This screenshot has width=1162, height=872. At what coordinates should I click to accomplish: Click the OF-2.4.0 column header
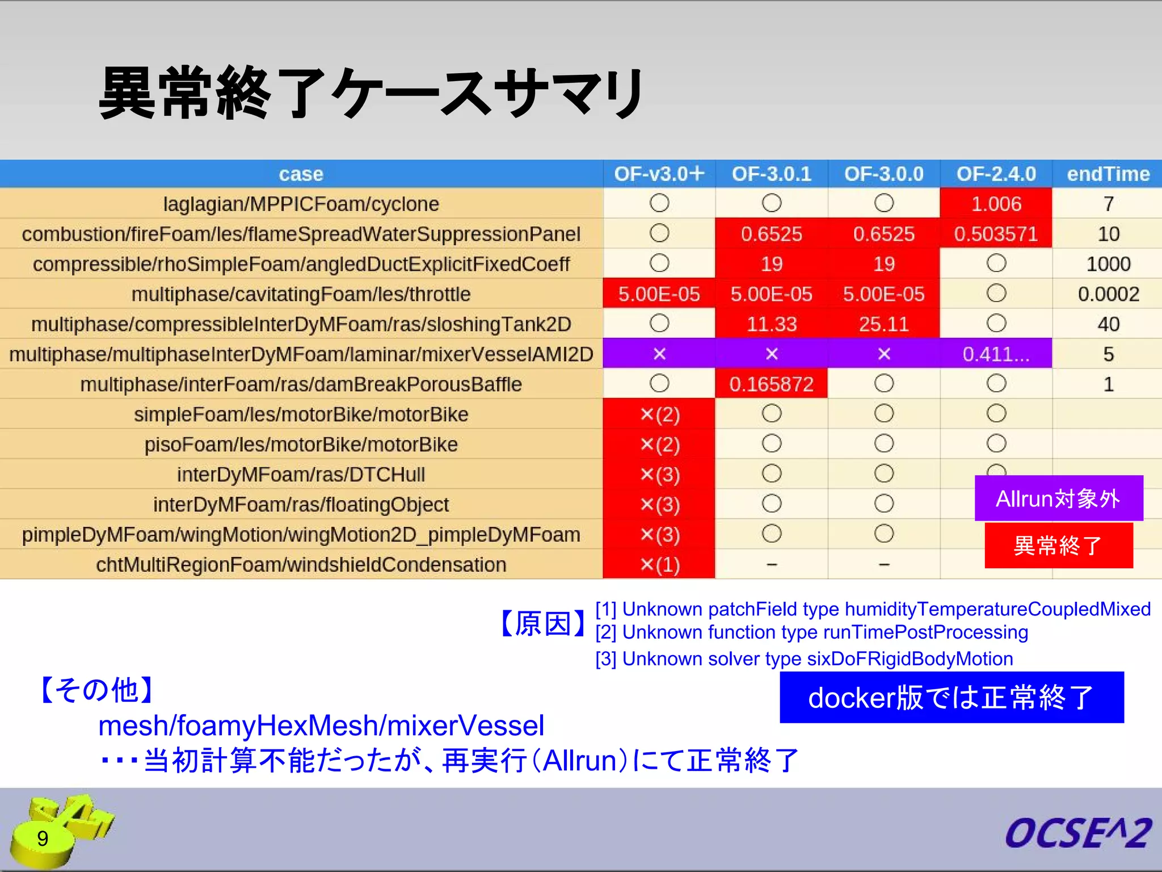(996, 174)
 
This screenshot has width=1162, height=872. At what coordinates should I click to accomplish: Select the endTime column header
(1108, 174)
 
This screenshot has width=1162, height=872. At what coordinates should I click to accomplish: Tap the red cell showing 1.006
(996, 204)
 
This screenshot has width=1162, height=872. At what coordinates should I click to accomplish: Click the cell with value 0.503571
(996, 234)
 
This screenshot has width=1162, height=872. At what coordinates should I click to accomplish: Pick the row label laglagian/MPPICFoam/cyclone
(301, 204)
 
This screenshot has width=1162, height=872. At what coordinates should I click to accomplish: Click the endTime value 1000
(1108, 264)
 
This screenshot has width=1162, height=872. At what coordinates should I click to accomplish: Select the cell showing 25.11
(883, 324)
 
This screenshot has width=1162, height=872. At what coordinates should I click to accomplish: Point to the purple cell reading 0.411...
(996, 354)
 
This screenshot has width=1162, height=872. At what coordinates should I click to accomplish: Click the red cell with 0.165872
(771, 384)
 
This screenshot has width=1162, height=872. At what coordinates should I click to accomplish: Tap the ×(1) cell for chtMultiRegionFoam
(659, 565)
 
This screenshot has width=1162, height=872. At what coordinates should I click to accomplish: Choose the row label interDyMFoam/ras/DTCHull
(301, 475)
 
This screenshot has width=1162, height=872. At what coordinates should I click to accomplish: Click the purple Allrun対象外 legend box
(1058, 498)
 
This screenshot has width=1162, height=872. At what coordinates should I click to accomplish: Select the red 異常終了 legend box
(1058, 546)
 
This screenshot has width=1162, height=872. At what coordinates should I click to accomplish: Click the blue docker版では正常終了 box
(952, 697)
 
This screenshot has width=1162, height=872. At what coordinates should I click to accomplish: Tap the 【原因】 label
(543, 624)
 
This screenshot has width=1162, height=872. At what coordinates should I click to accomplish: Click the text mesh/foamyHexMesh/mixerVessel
(321, 726)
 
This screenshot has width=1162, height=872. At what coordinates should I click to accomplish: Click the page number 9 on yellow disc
(43, 839)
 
